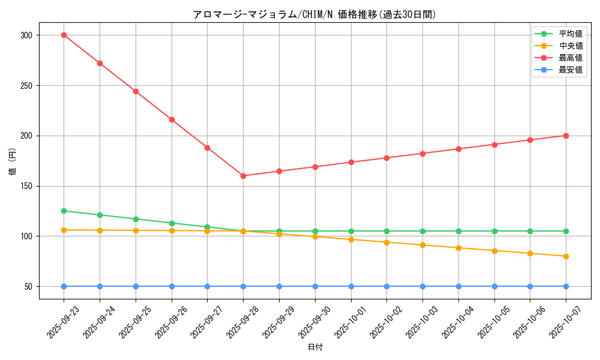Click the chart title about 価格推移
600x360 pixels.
tap(314, 14)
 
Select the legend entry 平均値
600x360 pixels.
tap(570, 34)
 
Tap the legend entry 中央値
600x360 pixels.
tap(570, 46)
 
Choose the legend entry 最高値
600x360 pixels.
tap(570, 58)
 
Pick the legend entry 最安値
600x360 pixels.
tap(570, 70)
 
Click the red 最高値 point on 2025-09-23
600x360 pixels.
tap(64, 35)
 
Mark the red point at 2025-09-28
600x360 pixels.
tap(243, 176)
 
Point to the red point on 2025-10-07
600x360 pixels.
tap(566, 136)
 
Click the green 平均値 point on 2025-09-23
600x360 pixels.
tap(64, 211)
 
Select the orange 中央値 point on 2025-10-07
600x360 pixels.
tap(566, 256)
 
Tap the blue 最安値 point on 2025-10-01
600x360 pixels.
tap(351, 286)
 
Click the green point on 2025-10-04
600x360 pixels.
tap(458, 231)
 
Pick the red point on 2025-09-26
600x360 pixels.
tap(172, 119)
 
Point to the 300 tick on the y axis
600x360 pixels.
tap(26, 35)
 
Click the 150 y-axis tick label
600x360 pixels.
tap(26, 186)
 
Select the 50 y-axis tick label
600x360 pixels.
tap(28, 287)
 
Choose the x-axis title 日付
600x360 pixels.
tap(315, 347)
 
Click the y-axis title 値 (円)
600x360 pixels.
tap(13, 161)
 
